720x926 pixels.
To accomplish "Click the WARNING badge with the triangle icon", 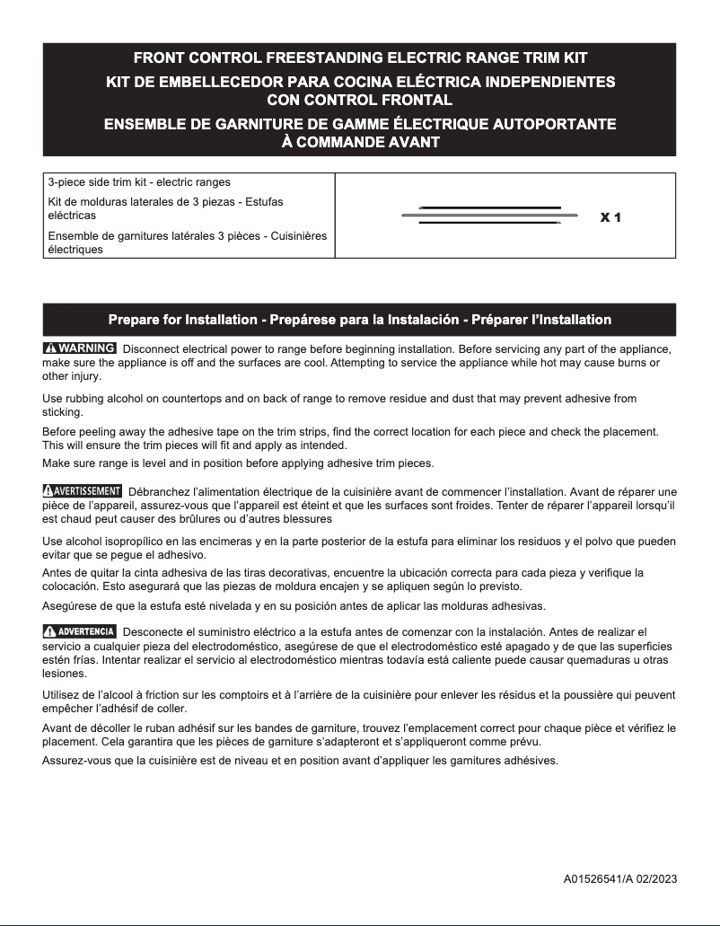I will click(x=79, y=348).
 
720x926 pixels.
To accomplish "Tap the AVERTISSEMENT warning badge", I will click(x=82, y=491).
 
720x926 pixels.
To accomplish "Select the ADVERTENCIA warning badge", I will click(x=79, y=631).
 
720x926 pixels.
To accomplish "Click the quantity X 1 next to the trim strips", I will click(x=610, y=217).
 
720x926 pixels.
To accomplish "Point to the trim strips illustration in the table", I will click(x=490, y=216).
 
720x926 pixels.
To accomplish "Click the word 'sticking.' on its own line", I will click(x=62, y=412).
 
